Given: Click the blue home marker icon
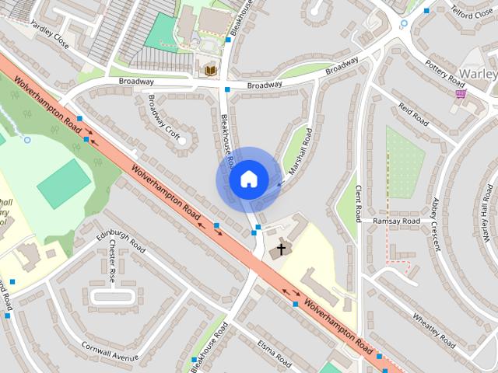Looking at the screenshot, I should [x=247, y=180].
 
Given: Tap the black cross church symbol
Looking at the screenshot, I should [x=280, y=250].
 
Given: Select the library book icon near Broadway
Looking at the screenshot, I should [x=210, y=71].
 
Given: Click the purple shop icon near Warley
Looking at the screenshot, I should [x=461, y=94].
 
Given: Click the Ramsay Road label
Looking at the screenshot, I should [x=396, y=221].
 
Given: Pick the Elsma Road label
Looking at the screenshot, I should [x=274, y=354].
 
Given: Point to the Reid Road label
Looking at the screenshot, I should [x=413, y=113].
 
